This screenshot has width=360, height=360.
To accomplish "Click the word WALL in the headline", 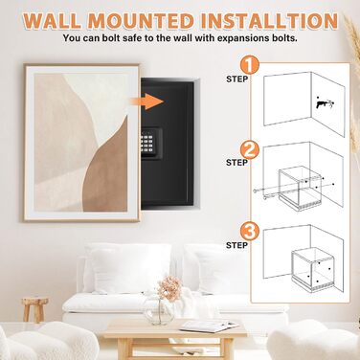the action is pyautogui.click(x=52, y=21).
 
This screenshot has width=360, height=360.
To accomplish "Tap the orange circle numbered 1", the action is pyautogui.click(x=250, y=65).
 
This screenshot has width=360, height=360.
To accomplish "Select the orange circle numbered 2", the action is pyautogui.click(x=250, y=150).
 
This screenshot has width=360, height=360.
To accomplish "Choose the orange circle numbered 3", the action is pyautogui.click(x=250, y=233).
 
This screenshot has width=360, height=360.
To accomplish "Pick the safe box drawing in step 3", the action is pyautogui.click(x=313, y=269).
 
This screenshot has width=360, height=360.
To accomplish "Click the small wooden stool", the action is pyautogui.click(x=34, y=309).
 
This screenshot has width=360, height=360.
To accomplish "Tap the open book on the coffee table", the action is pyautogui.click(x=209, y=326).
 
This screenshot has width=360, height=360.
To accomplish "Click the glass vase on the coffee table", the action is pyautogui.click(x=159, y=310).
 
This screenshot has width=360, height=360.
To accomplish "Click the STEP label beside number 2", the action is pyautogui.click(x=236, y=163).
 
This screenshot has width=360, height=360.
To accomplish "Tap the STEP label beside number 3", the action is pyautogui.click(x=236, y=245).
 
